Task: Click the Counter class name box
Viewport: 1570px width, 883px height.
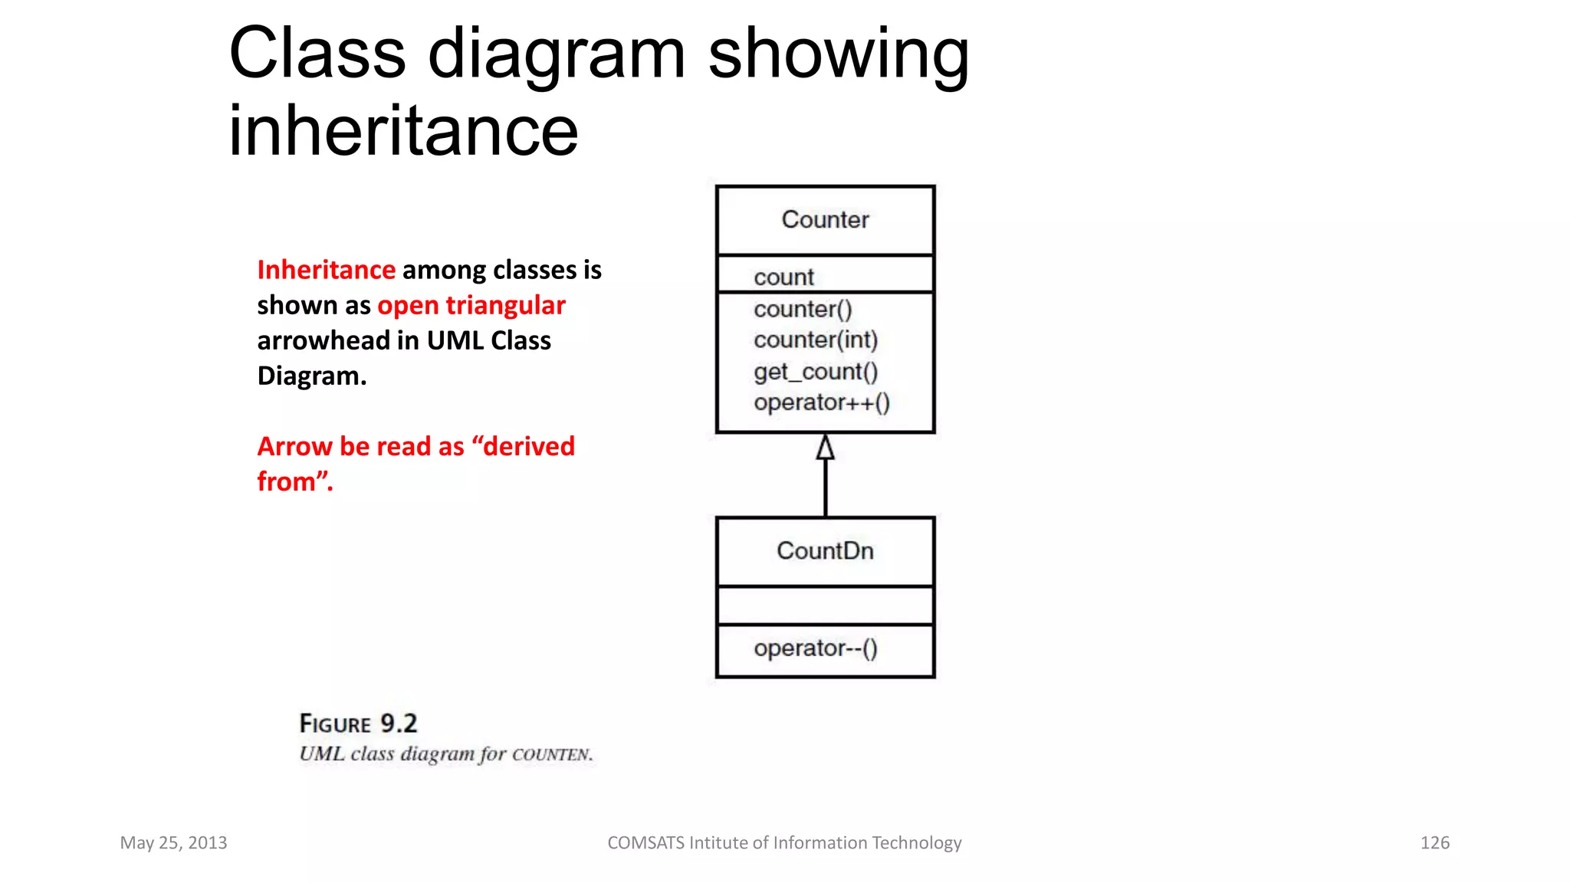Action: [x=825, y=220]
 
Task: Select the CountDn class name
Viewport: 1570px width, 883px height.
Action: [x=825, y=551]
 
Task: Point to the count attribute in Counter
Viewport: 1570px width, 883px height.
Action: [x=783, y=277]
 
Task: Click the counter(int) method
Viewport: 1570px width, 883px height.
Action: [x=816, y=340]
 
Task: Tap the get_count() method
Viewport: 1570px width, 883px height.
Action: [x=816, y=372]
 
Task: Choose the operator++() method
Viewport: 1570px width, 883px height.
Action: [x=822, y=402]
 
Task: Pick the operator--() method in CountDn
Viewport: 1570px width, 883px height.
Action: [x=816, y=648]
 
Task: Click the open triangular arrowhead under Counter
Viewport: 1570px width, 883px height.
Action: [x=825, y=448]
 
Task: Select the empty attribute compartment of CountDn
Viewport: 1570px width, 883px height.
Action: [x=825, y=606]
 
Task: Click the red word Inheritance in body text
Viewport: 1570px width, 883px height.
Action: [x=327, y=270]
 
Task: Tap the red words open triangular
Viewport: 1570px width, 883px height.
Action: [x=471, y=305]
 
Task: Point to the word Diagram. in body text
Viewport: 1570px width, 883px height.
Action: [x=312, y=376]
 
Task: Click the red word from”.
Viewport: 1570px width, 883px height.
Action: [x=295, y=481]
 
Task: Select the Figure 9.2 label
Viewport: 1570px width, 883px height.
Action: [x=358, y=723]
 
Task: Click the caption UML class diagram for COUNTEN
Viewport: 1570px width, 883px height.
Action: [x=445, y=754]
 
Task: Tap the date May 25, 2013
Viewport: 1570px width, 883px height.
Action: [x=173, y=842]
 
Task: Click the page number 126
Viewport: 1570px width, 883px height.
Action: [x=1434, y=842]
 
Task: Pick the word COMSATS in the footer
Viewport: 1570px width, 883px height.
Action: [x=645, y=842]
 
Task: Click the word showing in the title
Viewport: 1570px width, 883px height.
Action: [x=839, y=54]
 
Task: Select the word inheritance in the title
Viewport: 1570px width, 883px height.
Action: [x=403, y=130]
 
